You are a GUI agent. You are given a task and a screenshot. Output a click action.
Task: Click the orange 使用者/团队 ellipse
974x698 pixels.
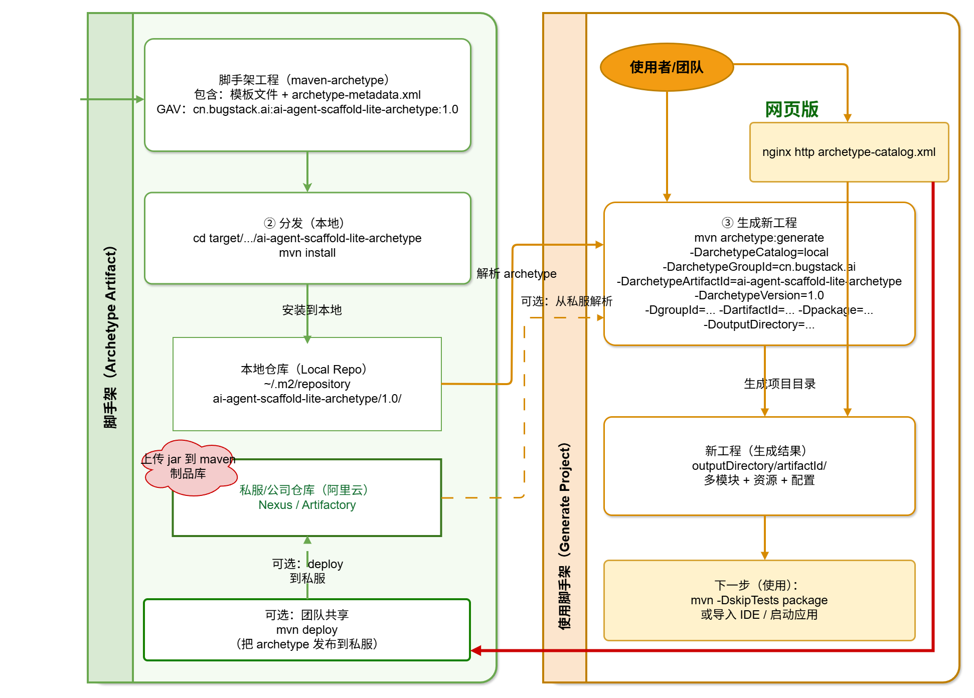667,67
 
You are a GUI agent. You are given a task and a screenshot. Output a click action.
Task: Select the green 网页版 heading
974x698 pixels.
791,109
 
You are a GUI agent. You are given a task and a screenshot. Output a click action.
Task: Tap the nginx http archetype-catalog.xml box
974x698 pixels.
849,152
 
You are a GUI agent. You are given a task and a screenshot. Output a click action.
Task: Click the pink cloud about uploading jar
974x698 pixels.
189,467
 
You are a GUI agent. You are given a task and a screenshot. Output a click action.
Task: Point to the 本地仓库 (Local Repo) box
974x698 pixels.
307,384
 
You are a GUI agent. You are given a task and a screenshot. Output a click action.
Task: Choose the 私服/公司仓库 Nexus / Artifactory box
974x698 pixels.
307,497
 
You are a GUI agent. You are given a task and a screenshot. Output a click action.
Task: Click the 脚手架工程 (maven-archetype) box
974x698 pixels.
307,95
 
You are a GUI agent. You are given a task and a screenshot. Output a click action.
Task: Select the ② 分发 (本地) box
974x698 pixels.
307,238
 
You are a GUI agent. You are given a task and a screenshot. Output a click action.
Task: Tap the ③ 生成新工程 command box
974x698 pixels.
759,274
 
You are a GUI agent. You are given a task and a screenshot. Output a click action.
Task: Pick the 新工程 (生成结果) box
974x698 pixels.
759,466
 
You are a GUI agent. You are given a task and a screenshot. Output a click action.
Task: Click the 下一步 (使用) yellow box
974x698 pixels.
759,600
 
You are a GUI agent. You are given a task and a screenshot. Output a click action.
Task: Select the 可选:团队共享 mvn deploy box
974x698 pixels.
307,630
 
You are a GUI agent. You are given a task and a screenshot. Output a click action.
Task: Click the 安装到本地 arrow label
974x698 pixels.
312,310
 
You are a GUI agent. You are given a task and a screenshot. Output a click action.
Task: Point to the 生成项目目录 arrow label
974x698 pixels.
780,384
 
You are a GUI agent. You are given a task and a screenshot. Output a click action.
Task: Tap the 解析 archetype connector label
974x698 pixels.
517,273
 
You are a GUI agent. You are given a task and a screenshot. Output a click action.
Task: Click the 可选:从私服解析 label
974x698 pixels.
567,301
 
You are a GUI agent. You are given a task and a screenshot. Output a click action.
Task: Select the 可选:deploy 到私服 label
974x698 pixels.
307,571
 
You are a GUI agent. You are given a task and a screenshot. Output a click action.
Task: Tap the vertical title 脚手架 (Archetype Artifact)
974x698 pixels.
110,337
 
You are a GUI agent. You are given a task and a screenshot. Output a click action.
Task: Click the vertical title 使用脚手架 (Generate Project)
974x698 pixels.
565,536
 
